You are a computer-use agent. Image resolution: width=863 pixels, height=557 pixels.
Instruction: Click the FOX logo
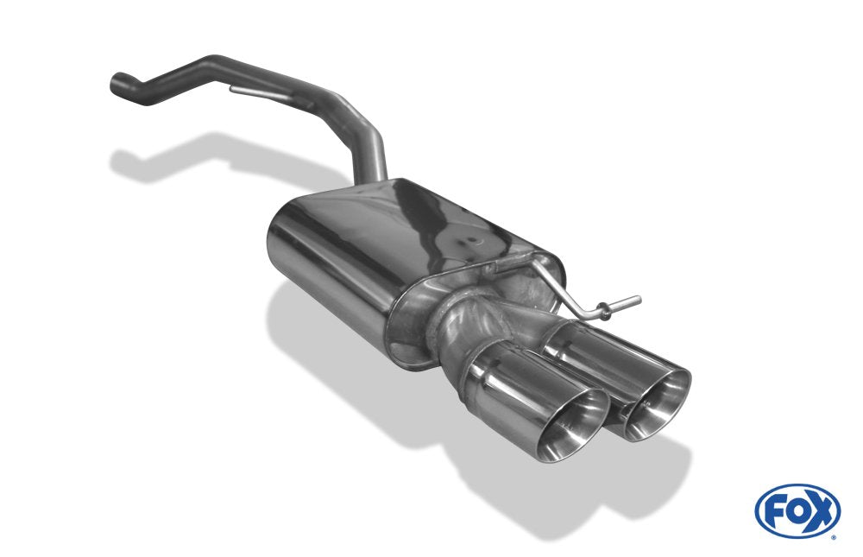pos(797,511)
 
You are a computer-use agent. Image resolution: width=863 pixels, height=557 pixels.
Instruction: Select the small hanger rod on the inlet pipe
pos(257,93)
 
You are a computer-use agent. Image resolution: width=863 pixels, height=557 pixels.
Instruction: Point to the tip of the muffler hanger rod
pos(639,299)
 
